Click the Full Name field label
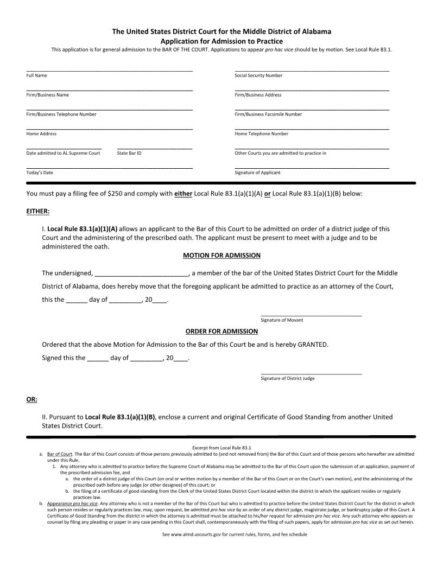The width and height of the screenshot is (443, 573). point(36,75)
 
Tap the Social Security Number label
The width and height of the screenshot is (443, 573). point(258,75)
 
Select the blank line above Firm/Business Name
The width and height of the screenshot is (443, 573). point(109,90)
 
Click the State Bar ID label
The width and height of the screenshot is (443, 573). point(129,153)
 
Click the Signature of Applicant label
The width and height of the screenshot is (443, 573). point(257,173)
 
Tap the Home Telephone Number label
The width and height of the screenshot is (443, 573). point(261,133)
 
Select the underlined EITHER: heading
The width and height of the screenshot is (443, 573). point(38,211)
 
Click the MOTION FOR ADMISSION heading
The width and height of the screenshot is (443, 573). point(221,256)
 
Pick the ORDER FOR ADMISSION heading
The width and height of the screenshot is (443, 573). point(221,332)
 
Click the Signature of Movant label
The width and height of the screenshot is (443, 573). point(282,320)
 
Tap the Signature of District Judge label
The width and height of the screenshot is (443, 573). point(287,378)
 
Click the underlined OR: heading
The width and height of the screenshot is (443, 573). point(31,399)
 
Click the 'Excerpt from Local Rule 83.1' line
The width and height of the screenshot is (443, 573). point(221,448)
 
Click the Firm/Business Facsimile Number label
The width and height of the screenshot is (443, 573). point(268,114)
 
